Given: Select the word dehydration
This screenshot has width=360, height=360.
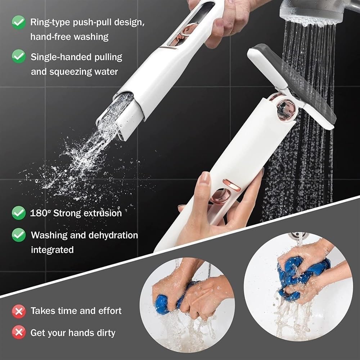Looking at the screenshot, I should (113, 235).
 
